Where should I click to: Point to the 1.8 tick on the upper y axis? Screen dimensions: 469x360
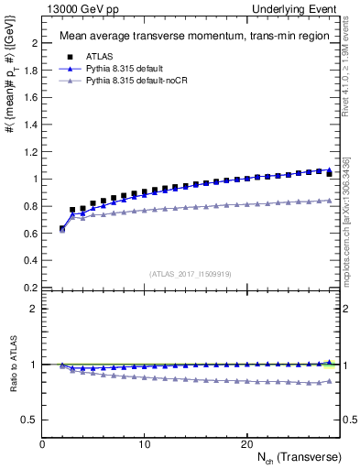coord(31,71)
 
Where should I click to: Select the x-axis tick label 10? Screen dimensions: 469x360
coord(144,444)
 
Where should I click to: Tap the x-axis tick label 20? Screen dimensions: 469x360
coord(245,444)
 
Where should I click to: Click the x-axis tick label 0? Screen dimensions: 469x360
coord(42,444)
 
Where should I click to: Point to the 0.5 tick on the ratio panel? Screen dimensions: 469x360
coord(29,420)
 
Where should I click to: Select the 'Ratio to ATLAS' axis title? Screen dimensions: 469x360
coord(12,365)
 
